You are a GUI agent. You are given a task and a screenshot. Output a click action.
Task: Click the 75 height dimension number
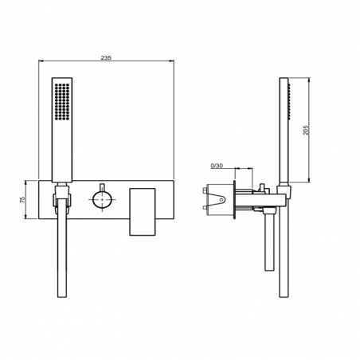tap(24, 202)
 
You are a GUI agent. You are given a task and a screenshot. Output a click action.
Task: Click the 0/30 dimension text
tap(217, 166)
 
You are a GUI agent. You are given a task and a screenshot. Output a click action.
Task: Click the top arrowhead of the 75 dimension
tap(31, 180)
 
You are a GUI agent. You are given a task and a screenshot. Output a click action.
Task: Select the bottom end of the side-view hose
tap(286, 299)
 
